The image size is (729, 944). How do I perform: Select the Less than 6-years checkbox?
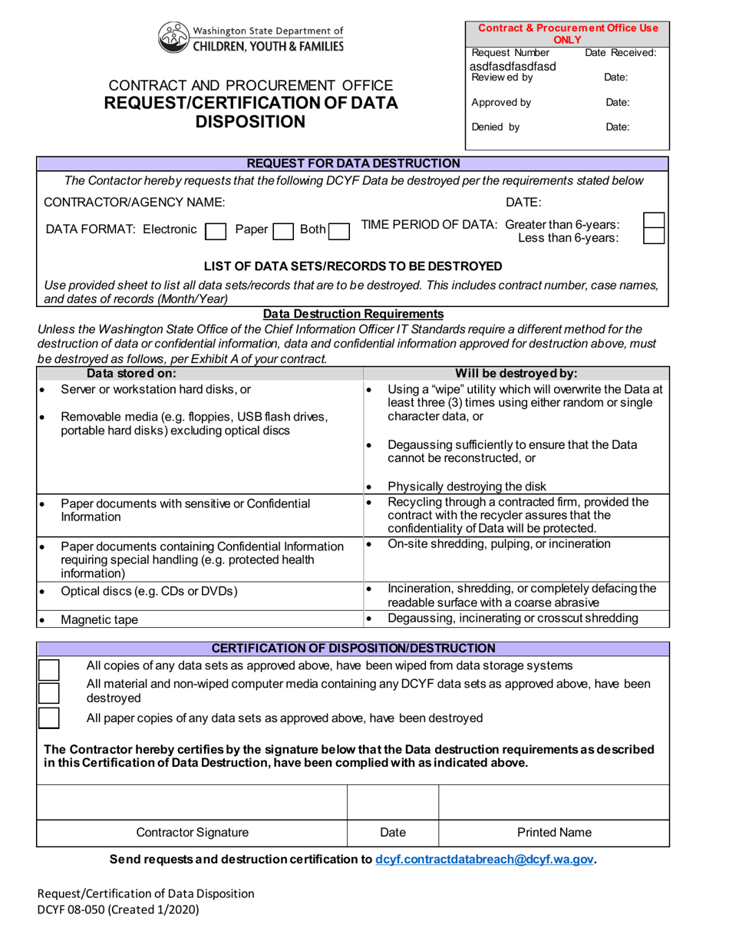click(653, 237)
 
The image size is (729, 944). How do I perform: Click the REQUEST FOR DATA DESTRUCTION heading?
click(353, 163)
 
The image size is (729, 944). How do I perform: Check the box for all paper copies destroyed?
click(48, 718)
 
